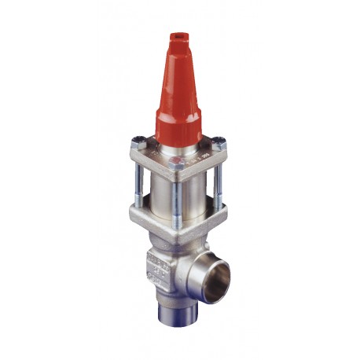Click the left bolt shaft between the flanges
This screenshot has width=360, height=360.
[141, 177]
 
